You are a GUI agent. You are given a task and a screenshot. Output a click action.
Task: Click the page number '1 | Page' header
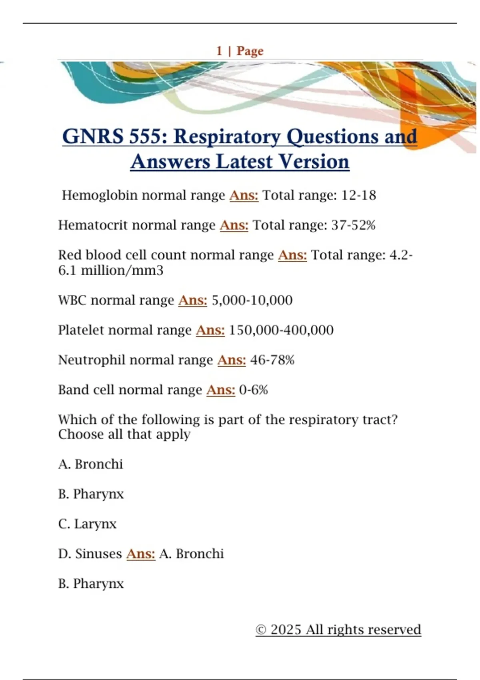[240, 51]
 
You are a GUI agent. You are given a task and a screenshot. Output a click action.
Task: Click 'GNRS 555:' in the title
[115, 137]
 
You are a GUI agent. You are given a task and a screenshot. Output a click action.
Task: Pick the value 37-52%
[354, 225]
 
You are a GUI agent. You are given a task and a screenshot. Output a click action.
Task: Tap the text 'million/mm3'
[122, 271]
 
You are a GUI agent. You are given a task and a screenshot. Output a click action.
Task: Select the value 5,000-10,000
[252, 300]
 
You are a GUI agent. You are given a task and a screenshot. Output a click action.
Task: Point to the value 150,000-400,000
[281, 330]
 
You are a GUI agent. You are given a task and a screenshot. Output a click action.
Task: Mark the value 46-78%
[272, 360]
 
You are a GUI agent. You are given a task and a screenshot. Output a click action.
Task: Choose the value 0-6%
[254, 390]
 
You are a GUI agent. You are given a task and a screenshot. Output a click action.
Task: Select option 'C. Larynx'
[87, 524]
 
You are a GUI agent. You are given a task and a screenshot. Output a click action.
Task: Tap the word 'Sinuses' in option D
[98, 554]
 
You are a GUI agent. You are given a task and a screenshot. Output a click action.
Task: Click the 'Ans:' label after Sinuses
[141, 554]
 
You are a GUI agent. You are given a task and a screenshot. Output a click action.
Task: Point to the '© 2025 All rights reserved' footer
[338, 630]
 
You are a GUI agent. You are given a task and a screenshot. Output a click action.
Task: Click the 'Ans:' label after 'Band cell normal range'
[221, 390]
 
